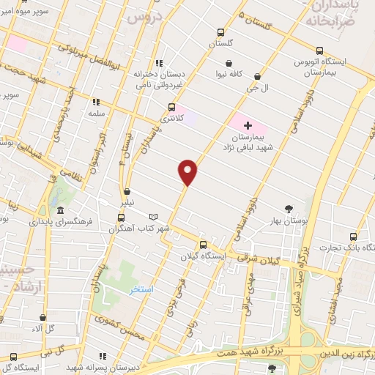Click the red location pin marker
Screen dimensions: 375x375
188,171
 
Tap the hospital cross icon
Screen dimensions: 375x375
248,125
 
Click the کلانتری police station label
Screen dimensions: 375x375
168,119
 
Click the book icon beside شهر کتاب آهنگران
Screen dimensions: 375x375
153,217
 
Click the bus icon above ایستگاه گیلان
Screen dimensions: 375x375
204,245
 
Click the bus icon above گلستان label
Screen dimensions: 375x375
220,32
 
